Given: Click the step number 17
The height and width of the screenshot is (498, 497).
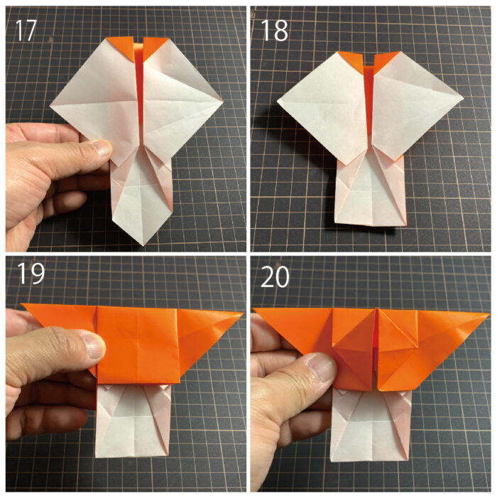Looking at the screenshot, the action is click(x=26, y=31).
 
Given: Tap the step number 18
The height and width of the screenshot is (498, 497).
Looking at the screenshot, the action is click(x=275, y=31).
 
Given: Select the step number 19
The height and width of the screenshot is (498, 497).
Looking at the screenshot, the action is click(x=31, y=274).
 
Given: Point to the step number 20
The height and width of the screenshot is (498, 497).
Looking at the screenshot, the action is click(x=275, y=277).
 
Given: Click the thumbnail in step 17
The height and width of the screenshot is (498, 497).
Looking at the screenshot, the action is click(x=101, y=147).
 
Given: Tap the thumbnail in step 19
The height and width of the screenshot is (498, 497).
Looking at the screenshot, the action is click(x=94, y=345).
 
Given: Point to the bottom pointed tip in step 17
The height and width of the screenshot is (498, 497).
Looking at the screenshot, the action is click(x=143, y=245).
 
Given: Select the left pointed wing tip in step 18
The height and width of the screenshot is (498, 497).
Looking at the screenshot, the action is click(x=278, y=101).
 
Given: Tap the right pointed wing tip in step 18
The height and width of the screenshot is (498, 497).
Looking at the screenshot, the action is click(x=464, y=97).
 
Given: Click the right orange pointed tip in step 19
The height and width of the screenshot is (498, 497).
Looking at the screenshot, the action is click(x=243, y=314).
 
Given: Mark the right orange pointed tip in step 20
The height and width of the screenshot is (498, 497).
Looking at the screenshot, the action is click(x=489, y=315).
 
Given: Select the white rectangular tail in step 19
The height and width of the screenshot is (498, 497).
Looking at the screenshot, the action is click(x=132, y=421).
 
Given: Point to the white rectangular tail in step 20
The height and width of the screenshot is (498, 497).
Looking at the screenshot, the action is click(x=371, y=426).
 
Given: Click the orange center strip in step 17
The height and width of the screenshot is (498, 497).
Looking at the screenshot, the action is click(x=138, y=95).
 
